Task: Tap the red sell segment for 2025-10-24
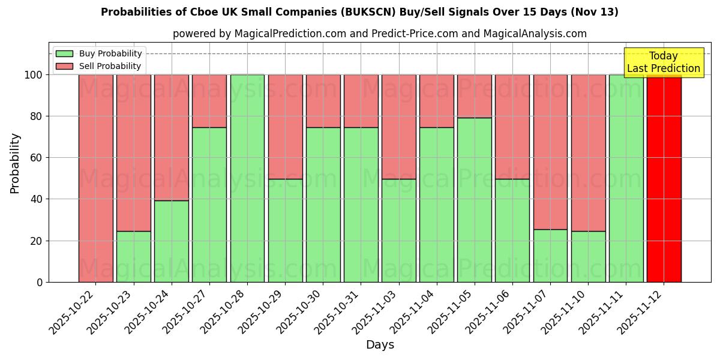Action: coord(172,137)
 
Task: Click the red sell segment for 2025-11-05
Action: coord(474,96)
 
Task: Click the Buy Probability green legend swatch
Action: coord(64,54)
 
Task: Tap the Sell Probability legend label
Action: coord(110,67)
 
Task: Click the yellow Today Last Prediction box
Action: coord(663,62)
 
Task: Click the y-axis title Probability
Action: coord(15,163)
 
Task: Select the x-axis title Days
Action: coord(380,345)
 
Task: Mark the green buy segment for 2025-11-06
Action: coord(512,230)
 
